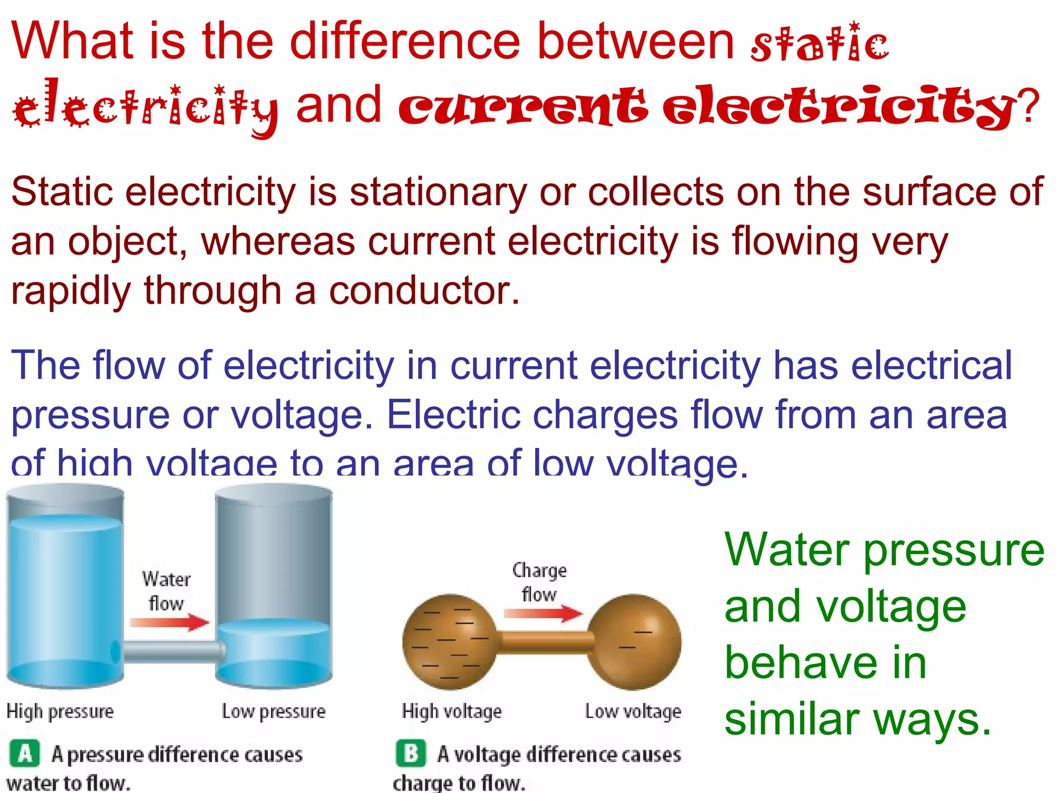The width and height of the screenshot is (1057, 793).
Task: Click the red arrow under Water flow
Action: pos(169,622)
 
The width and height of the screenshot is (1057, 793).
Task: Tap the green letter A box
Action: pos(24,754)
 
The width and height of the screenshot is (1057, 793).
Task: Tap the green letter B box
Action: pos(411,754)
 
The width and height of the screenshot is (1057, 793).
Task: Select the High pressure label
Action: pos(60,711)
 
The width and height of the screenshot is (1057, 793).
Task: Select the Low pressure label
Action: pos(274,711)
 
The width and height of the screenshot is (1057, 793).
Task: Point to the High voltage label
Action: pos(452,711)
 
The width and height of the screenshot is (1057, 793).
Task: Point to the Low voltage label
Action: pos(633,711)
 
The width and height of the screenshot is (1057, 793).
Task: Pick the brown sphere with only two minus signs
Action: pos(634,642)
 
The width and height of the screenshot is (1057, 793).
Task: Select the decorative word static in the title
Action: pos(820,43)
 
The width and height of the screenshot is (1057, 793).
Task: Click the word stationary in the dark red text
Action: pos(438,192)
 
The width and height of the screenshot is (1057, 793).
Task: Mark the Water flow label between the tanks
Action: pos(166,591)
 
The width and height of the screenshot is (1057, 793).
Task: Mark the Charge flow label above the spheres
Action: pos(539,582)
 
